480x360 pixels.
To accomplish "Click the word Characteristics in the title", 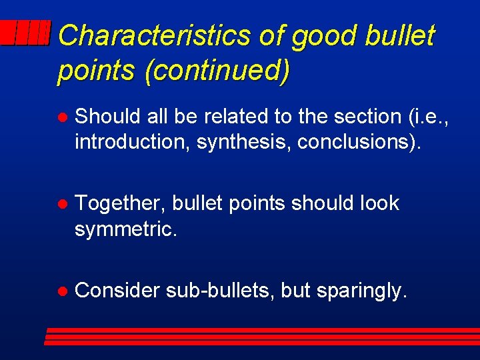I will [153, 35].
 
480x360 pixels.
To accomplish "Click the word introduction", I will [133, 142].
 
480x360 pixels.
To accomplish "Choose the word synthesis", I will [244, 142].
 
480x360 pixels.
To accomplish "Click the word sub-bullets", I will [220, 291].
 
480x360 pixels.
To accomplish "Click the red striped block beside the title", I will [25, 32].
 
